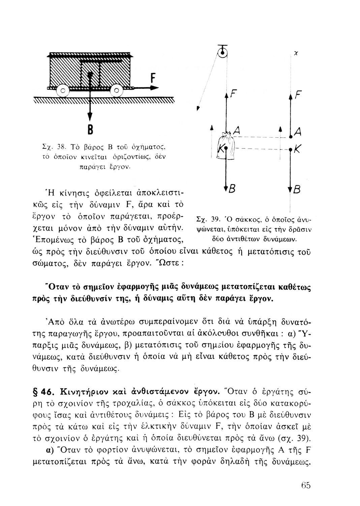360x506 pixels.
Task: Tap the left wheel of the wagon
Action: pyautogui.click(x=62, y=90)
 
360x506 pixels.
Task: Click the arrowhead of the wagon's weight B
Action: pyautogui.click(x=90, y=116)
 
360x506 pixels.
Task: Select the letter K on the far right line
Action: pyautogui.click(x=298, y=148)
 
